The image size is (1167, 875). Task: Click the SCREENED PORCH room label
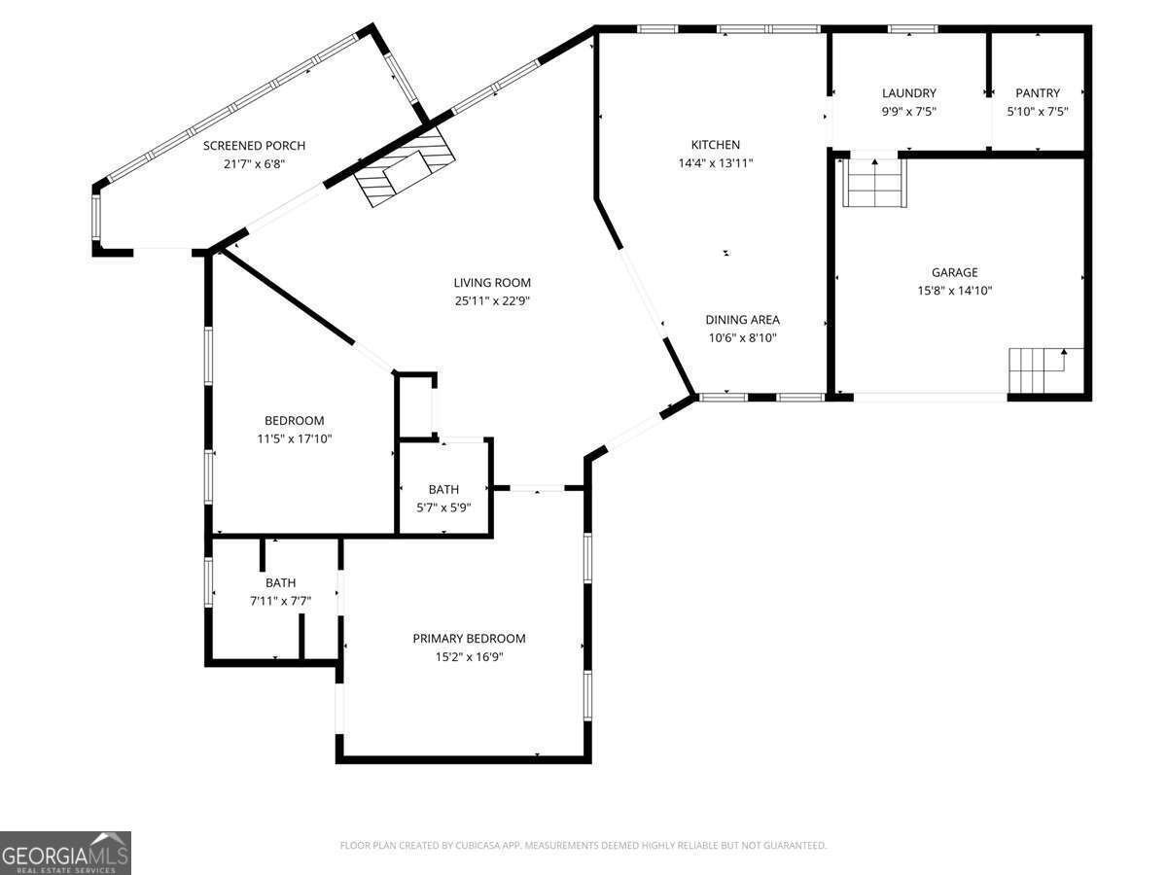(254, 146)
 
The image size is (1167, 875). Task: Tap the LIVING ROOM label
(492, 283)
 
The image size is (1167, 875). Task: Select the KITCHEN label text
(716, 145)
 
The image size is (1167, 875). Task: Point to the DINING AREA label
(743, 320)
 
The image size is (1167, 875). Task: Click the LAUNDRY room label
(909, 93)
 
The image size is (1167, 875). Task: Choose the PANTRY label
(1038, 93)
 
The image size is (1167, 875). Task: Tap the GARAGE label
(955, 272)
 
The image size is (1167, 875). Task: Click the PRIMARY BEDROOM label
(470, 639)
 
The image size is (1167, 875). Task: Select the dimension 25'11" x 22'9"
(492, 301)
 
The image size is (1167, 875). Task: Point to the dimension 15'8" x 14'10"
(955, 291)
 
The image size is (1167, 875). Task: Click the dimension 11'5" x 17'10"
(295, 438)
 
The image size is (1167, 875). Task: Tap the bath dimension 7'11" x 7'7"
(281, 602)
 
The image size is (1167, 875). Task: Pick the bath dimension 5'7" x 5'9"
(443, 507)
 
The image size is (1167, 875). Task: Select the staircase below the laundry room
(875, 182)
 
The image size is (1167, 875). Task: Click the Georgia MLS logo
(65, 853)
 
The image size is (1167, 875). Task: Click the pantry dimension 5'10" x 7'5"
(1038, 112)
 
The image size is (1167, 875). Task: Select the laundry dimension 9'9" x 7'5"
(909, 112)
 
